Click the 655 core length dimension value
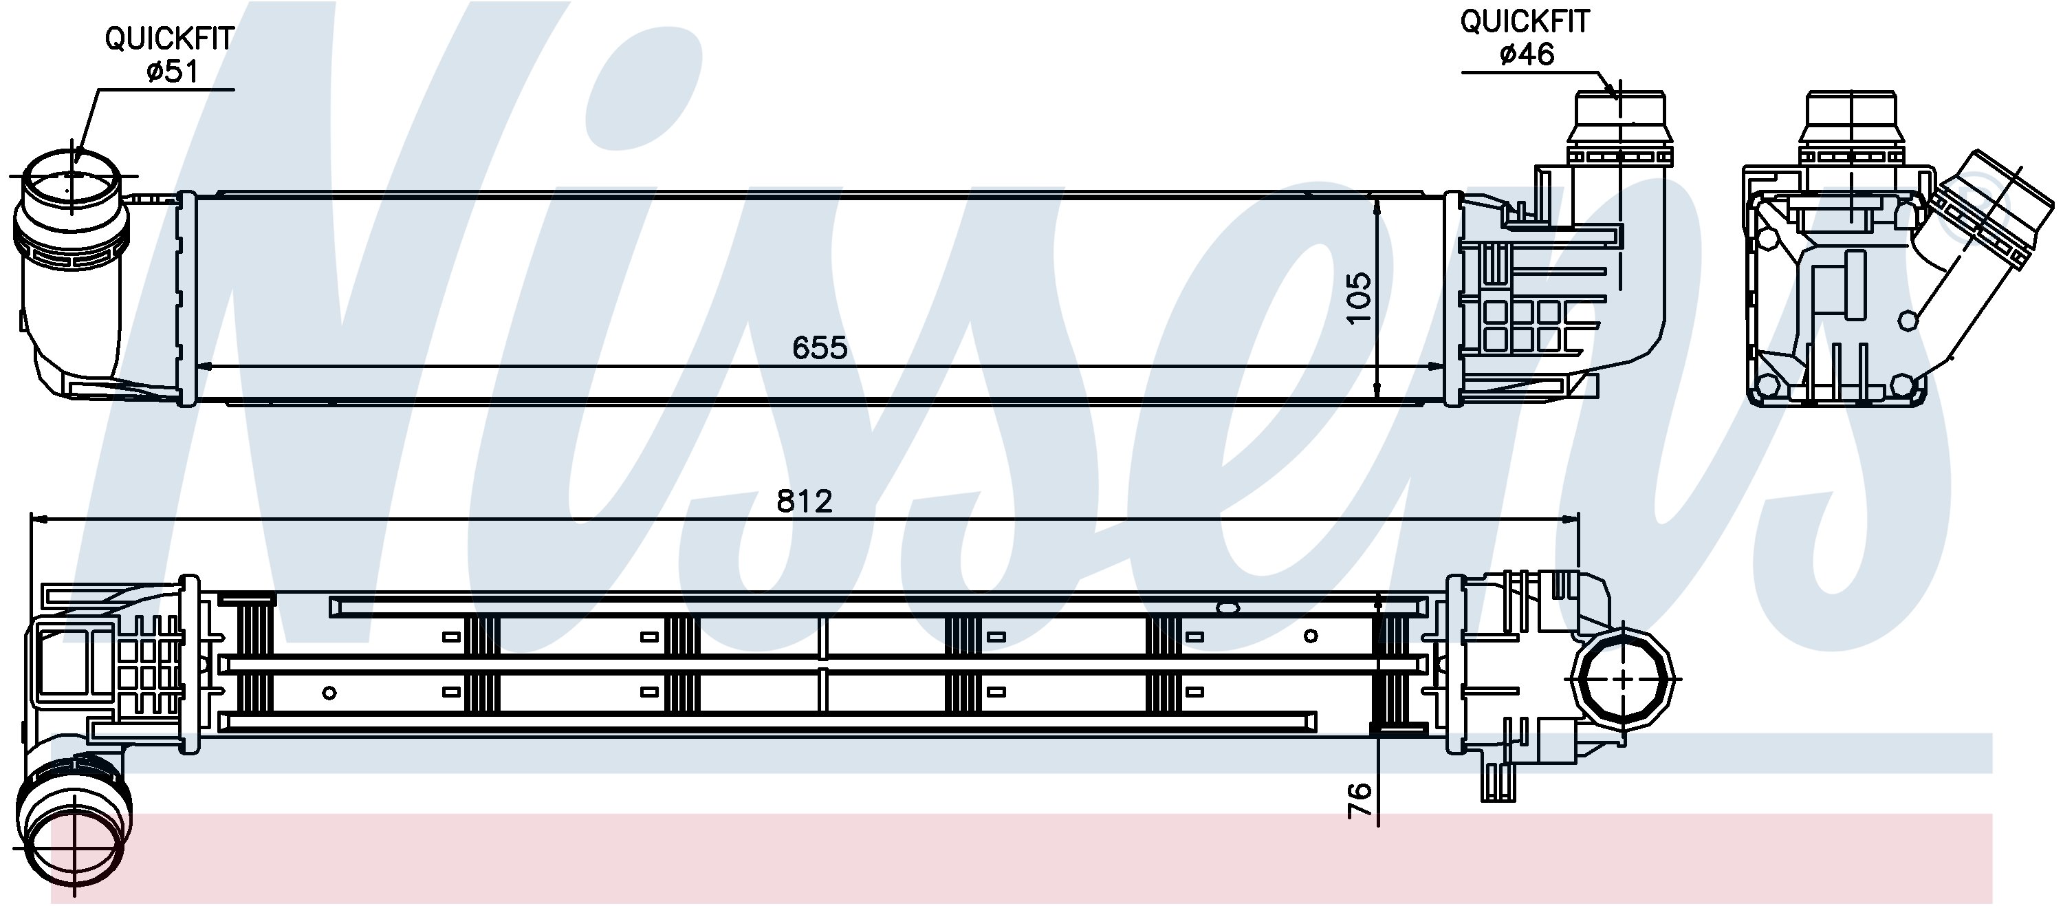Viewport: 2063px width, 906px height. tap(819, 347)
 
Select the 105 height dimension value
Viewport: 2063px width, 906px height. tap(1359, 298)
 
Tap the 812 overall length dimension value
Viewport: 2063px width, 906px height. tap(805, 501)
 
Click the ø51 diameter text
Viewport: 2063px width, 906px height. tap(171, 72)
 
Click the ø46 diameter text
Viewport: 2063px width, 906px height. tap(1527, 54)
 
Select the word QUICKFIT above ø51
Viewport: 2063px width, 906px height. tap(170, 39)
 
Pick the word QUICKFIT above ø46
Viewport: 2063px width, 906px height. tap(1525, 21)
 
